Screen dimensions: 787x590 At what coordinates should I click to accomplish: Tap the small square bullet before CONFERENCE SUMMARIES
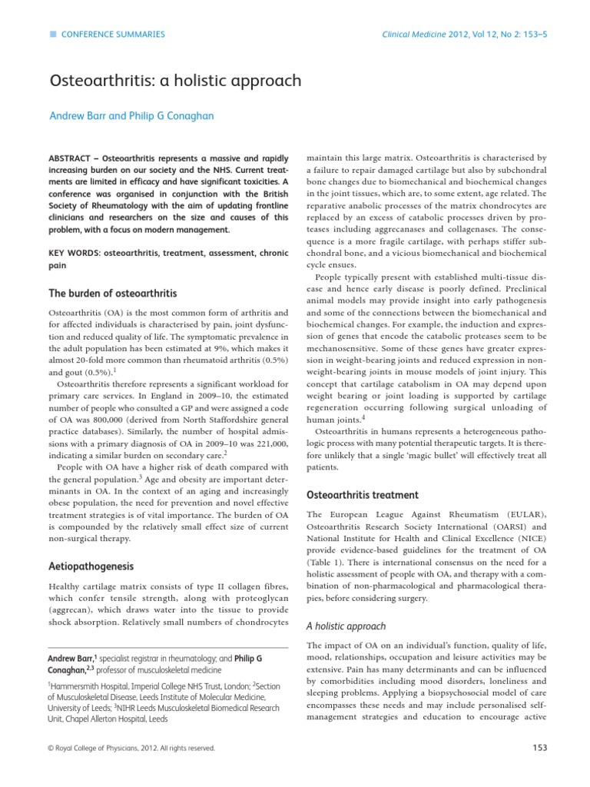[x=51, y=35]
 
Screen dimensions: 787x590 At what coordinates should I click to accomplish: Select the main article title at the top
[x=174, y=80]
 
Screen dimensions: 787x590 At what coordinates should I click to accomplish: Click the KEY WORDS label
[x=74, y=253]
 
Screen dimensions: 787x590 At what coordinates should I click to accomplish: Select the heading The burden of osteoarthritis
[x=113, y=293]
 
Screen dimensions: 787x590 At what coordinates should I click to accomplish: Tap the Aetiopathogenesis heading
[x=91, y=566]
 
